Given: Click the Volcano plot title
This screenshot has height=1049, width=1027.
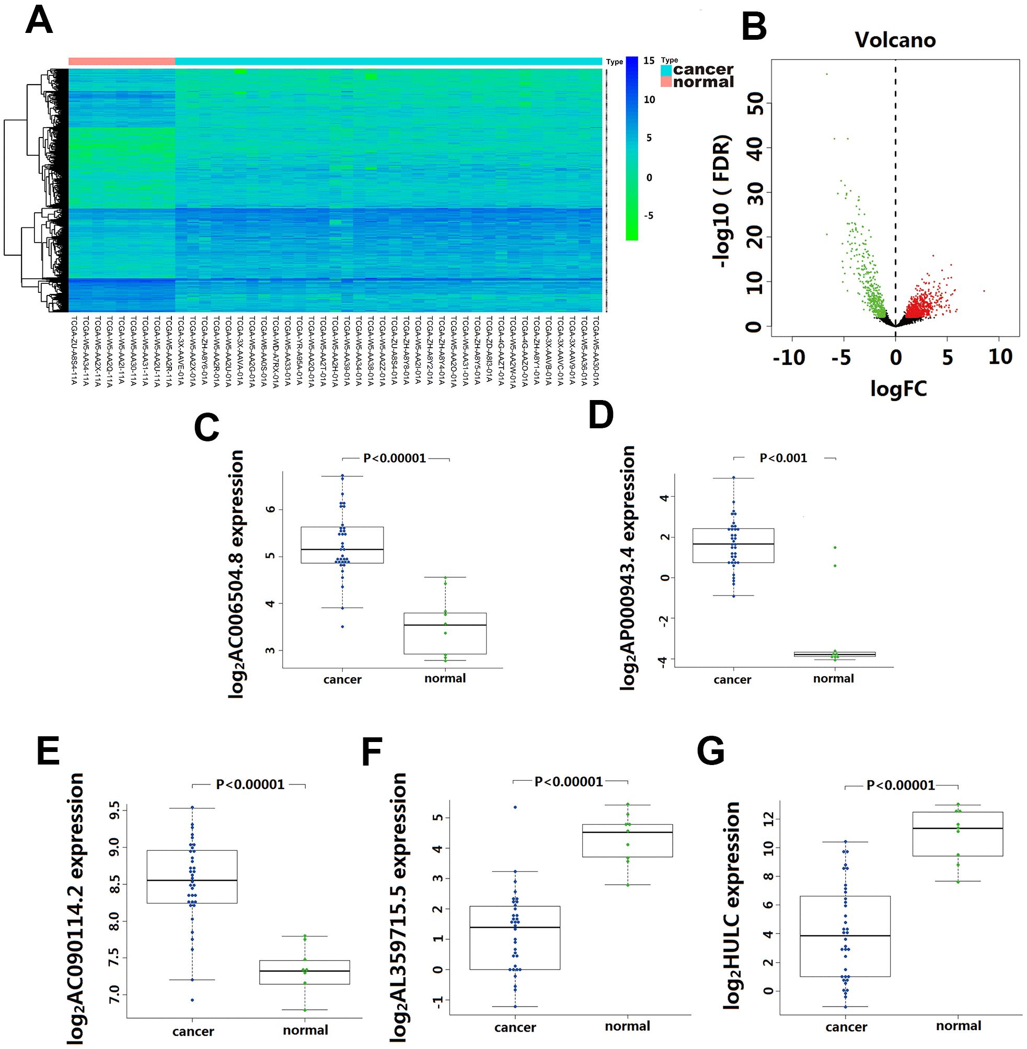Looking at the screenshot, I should coord(895,40).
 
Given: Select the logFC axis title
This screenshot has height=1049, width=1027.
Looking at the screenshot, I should coord(898,389).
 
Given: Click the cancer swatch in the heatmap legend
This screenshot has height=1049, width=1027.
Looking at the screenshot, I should coord(666,70).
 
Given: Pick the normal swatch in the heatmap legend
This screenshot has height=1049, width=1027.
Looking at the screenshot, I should coord(666,82).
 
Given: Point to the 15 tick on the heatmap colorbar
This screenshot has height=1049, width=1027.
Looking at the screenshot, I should coord(649,61).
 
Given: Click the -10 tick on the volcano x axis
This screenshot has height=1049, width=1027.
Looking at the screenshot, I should coord(789,357).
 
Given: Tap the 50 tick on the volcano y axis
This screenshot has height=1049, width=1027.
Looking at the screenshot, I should coord(756,103).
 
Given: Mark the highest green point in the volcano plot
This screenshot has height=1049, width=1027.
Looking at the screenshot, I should coord(826,74).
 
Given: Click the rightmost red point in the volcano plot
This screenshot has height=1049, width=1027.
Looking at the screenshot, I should coord(984,291).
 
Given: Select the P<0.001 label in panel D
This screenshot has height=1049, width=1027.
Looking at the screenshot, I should coord(783,458).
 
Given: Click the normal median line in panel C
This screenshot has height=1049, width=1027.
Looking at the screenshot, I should coord(445,625).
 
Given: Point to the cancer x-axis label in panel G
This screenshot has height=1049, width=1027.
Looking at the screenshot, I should coord(846,1027).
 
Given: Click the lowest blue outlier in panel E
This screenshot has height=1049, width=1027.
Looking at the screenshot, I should coord(192,1000).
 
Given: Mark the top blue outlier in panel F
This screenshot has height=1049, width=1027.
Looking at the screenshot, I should coord(515,807).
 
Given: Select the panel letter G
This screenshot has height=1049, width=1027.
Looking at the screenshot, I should coord(710,750).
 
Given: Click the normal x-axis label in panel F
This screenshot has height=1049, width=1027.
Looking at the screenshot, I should coord(627,1026).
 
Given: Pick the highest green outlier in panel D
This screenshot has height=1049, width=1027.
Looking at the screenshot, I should coord(835,548).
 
